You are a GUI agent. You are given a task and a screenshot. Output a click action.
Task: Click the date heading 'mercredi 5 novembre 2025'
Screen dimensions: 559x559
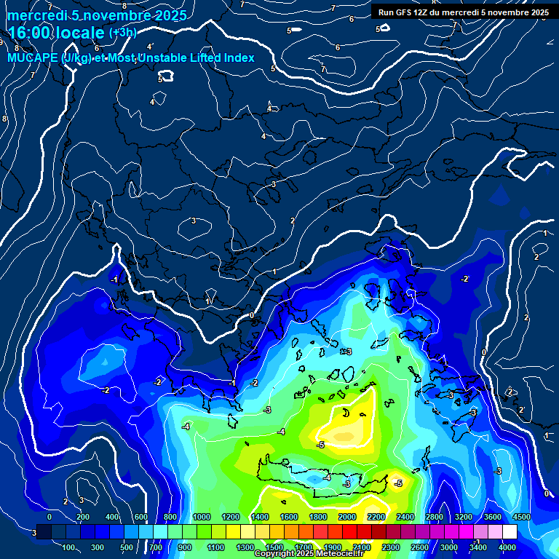pos(97,15)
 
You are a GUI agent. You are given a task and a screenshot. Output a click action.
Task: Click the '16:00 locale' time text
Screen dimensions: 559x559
pos(57,33)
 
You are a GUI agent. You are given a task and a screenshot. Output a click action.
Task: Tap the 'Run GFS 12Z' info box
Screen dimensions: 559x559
pos(463,12)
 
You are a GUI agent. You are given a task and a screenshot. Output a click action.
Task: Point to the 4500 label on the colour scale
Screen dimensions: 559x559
pos(521,517)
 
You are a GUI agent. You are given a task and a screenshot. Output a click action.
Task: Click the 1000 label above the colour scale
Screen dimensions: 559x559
pos(202,517)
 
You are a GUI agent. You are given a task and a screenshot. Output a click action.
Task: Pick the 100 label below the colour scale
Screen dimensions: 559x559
pos(70,547)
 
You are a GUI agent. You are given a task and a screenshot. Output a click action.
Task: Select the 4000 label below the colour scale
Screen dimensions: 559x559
pos(507,547)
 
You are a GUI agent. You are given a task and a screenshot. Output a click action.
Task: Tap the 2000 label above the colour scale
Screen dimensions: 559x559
pos(347,517)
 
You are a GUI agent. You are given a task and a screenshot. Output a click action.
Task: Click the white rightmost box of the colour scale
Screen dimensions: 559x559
pos(510,532)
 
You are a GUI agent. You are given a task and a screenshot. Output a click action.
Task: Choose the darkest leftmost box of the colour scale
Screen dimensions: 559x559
pos(44,532)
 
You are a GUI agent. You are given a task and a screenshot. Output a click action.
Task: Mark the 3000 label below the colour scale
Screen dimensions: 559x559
pos(449,547)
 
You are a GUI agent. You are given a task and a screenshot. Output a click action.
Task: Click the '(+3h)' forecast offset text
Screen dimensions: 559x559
pos(122,33)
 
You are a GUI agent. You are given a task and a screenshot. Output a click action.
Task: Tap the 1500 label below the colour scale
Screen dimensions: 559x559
pos(274,547)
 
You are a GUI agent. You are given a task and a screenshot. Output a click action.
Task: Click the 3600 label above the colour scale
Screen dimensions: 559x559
pos(493,517)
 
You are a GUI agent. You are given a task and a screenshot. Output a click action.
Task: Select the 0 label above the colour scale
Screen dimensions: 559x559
pos(49,517)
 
